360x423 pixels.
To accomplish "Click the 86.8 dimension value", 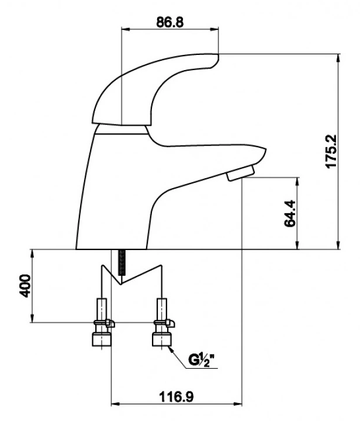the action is point(169,22).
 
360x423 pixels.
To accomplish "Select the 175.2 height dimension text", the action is point(331,151).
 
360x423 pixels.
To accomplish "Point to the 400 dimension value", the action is point(25,286).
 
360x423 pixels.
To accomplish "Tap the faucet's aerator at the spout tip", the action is point(241,173).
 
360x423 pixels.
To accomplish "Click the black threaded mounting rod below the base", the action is point(122,263).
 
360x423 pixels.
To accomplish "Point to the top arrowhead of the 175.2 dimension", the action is point(338,58).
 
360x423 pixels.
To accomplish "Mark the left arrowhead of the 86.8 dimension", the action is point(126,29).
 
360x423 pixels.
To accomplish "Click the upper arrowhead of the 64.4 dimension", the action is point(297,181).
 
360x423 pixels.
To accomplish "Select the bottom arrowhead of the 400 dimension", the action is point(32,318).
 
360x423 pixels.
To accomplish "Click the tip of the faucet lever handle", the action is point(217,56).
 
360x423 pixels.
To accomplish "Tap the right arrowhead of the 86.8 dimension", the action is point(214,29).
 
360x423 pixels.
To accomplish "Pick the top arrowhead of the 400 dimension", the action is point(32,254).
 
